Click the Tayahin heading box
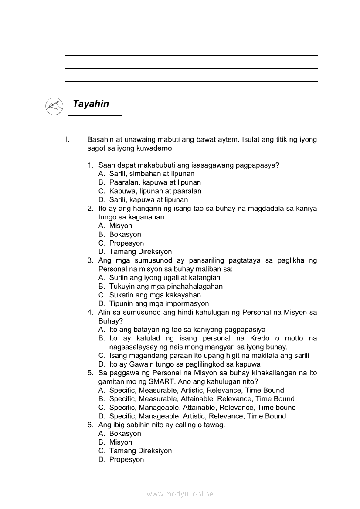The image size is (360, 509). (x=95, y=105)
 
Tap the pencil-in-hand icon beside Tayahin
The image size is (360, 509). (x=54, y=106)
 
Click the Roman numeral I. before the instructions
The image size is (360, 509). (x=67, y=140)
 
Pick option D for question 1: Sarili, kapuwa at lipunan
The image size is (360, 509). (x=149, y=199)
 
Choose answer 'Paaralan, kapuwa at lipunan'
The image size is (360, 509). (x=155, y=182)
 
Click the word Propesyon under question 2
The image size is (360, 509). (x=126, y=243)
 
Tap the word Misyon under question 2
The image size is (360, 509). (x=121, y=226)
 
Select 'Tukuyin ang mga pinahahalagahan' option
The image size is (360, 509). (x=166, y=286)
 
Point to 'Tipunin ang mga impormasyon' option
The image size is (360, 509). (x=159, y=303)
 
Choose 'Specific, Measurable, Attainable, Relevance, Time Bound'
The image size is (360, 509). (x=202, y=398)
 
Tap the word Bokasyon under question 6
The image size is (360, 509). (x=125, y=433)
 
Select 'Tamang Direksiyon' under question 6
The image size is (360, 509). (x=140, y=451)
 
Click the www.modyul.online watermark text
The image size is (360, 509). (x=180, y=494)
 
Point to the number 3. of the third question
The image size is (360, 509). (x=90, y=260)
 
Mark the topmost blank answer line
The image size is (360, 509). (x=191, y=55)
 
